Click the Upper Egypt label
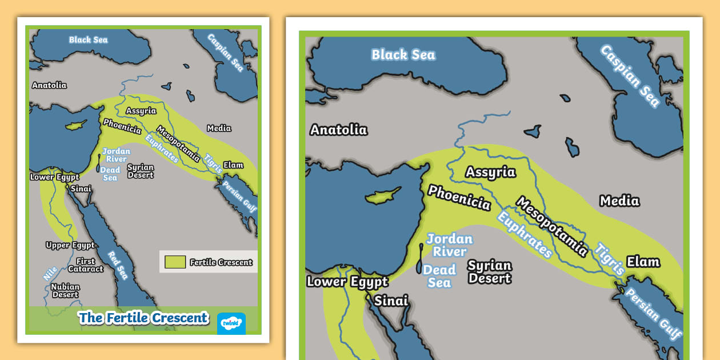(x=70, y=245)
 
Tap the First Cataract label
(x=86, y=265)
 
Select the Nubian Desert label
(x=65, y=291)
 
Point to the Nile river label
(x=50, y=274)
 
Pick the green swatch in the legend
(x=175, y=262)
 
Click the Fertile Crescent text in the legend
(x=221, y=262)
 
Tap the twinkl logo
(x=231, y=323)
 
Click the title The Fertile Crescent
(x=143, y=318)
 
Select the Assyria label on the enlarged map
(x=490, y=172)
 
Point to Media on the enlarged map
(x=619, y=201)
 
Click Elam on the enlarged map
(x=643, y=262)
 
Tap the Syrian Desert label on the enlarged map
(x=489, y=272)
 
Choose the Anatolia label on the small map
(x=49, y=85)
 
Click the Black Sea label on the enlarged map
(x=403, y=55)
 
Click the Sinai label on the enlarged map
(x=391, y=301)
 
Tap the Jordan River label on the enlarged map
(x=449, y=245)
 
